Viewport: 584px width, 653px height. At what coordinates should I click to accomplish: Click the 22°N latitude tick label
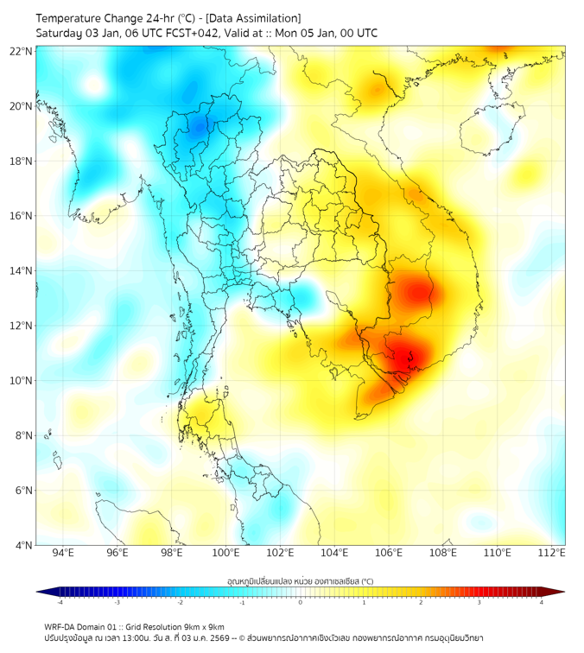coord(22,51)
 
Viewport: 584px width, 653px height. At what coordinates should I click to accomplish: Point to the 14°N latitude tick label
coord(22,271)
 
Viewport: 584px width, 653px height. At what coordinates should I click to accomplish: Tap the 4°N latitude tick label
coord(24,545)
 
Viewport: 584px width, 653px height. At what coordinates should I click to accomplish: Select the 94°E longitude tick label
coord(63,554)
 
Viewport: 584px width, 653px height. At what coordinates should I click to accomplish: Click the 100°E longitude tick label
coord(225,554)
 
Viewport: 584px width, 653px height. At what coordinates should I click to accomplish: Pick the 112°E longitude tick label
coord(551,554)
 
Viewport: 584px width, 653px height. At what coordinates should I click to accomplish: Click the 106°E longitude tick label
coord(389,554)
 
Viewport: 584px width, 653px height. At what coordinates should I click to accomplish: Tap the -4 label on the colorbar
coord(60,603)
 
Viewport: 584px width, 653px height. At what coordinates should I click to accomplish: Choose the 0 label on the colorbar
coord(301,603)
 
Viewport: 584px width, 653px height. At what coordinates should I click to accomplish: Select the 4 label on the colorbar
coord(542,603)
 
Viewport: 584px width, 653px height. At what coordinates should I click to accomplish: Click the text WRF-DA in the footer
coord(60,627)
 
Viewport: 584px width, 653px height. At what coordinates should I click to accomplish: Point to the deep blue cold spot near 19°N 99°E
coord(200,127)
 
